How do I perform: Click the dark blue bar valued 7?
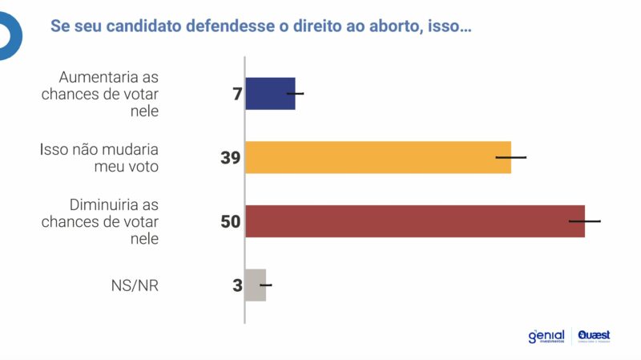[270, 93]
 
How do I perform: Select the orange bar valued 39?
[377, 157]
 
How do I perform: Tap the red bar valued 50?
[414, 220]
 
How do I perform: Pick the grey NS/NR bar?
[255, 285]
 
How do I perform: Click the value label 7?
[237, 94]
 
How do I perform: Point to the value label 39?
[232, 158]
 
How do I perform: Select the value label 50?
[231, 221]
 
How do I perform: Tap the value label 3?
[237, 285]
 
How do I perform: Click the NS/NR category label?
[135, 285]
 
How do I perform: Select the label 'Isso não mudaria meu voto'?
[99, 158]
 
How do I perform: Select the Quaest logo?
[594, 336]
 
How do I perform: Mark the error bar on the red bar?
[584, 220]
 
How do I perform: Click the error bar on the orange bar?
[510, 157]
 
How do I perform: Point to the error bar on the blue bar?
[296, 94]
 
